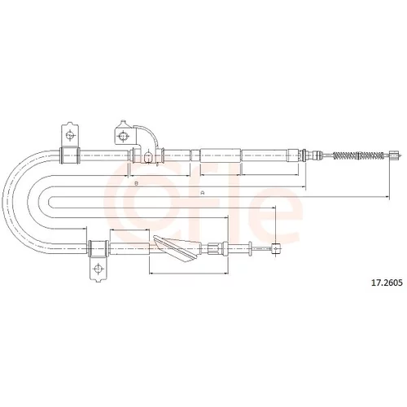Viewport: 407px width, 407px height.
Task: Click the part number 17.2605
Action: pos(387,282)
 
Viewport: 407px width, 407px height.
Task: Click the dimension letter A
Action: pos(202,193)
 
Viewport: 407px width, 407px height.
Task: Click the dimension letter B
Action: pos(137,183)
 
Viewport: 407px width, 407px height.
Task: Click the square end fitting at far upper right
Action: pos(394,155)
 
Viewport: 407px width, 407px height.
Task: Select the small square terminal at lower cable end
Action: pos(276,248)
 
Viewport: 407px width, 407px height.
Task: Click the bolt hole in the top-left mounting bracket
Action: pos(70,135)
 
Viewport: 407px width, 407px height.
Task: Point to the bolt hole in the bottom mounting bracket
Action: pos(98,269)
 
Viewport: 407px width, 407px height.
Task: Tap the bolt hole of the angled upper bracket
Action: pos(123,135)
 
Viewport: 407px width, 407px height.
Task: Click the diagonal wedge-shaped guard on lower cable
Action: pos(177,248)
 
